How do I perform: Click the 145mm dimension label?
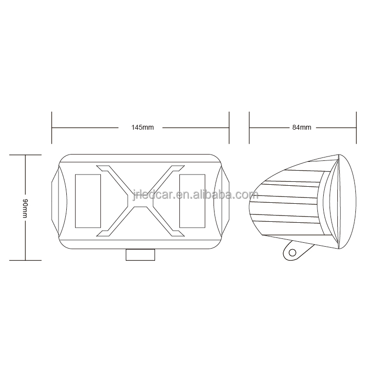142,127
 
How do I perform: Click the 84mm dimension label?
302,127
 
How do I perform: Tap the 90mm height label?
25,209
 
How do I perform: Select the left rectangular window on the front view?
88,201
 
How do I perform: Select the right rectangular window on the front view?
192,201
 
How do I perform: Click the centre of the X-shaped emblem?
140,201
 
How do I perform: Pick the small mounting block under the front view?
140,254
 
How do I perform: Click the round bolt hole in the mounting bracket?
292,253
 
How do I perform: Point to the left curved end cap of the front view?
59,201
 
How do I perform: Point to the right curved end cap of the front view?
221,201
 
